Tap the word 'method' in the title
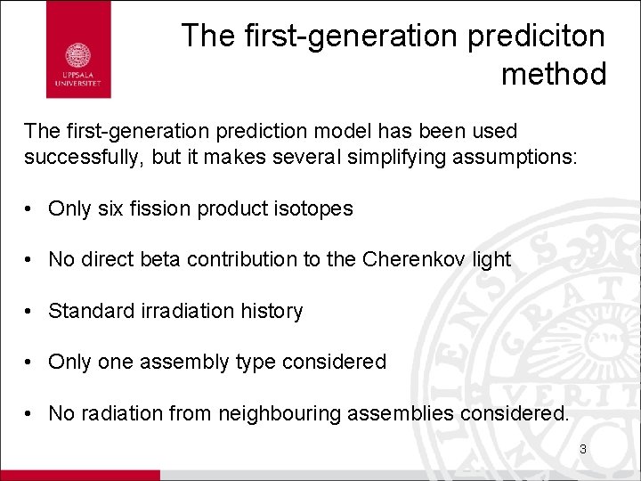(553, 74)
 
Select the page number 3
(582, 450)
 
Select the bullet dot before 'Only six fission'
(30, 209)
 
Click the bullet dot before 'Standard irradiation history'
(30, 311)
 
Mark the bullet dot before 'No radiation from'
(30, 413)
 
